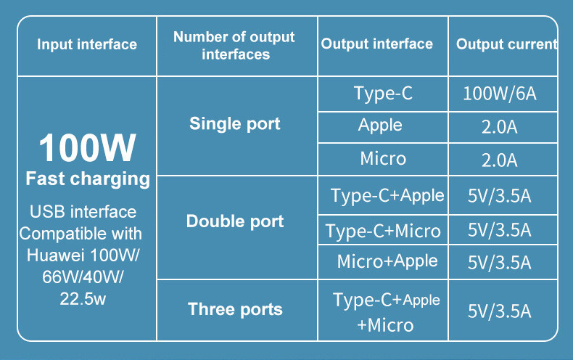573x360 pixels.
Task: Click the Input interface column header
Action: [87, 45]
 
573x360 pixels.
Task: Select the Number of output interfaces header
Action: [235, 45]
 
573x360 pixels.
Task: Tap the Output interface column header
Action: [376, 45]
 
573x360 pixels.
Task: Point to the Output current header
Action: [506, 45]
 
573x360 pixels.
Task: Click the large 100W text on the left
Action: [87, 147]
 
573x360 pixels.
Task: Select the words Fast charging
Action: [87, 179]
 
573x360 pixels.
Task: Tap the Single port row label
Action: [235, 124]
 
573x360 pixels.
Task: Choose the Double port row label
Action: [235, 221]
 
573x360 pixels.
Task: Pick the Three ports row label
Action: [235, 310]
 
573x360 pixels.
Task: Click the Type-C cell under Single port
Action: [383, 94]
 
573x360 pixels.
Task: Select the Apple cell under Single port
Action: [380, 125]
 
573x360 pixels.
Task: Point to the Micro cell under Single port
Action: [383, 158]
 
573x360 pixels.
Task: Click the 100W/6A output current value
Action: [500, 94]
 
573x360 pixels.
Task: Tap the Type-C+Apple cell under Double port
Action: [387, 195]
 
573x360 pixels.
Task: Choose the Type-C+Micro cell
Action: [383, 231]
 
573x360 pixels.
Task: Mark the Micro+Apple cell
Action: [387, 261]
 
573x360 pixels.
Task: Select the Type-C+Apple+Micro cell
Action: [386, 311]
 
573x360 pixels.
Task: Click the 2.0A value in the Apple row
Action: [500, 127]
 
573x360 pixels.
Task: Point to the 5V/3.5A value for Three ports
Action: [500, 311]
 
